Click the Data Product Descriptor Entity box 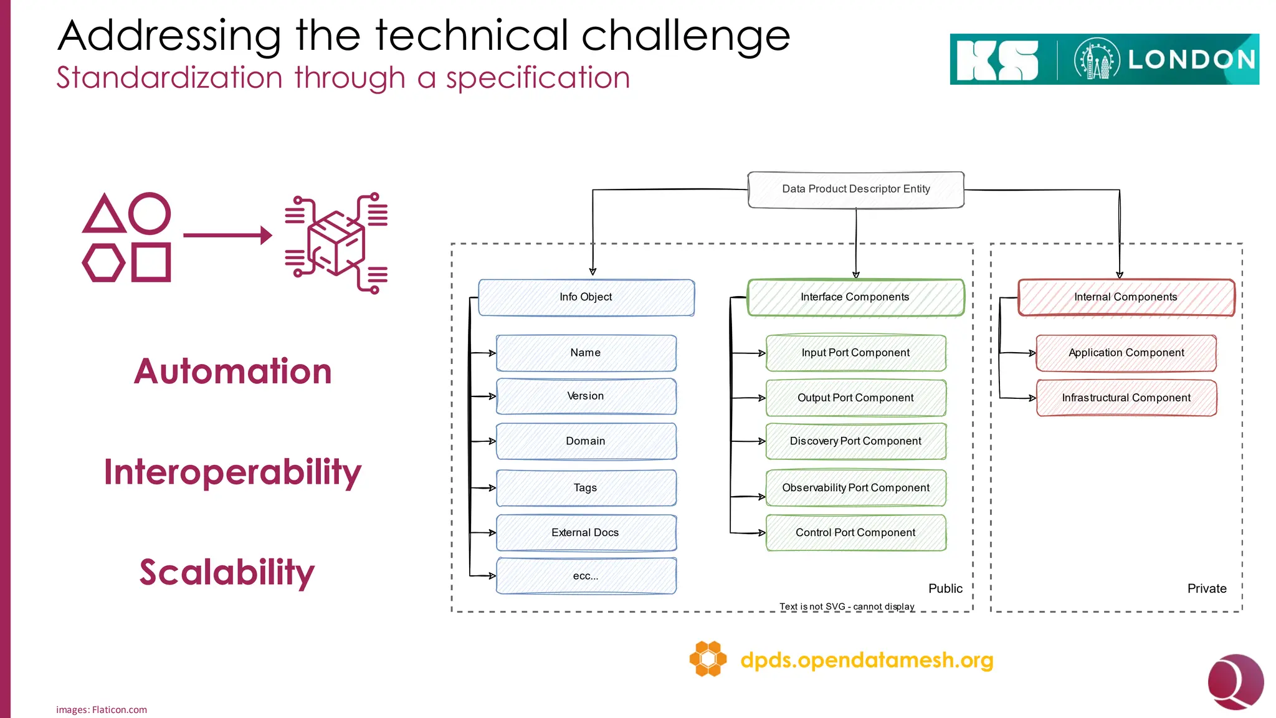point(855,189)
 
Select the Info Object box point(586,297)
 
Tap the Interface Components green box point(855,297)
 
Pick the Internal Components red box point(1126,297)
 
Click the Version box point(586,396)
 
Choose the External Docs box point(586,533)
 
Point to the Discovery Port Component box point(855,441)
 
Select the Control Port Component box point(855,533)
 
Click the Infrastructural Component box point(1126,398)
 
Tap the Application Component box point(1126,353)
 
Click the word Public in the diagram point(945,589)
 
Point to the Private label point(1206,589)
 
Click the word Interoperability point(232,472)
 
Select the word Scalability point(227,572)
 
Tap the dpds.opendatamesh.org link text point(867,660)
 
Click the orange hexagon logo point(708,659)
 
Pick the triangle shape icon point(104,215)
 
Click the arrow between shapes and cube point(227,235)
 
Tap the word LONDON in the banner point(1191,60)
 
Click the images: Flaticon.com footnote point(102,710)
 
